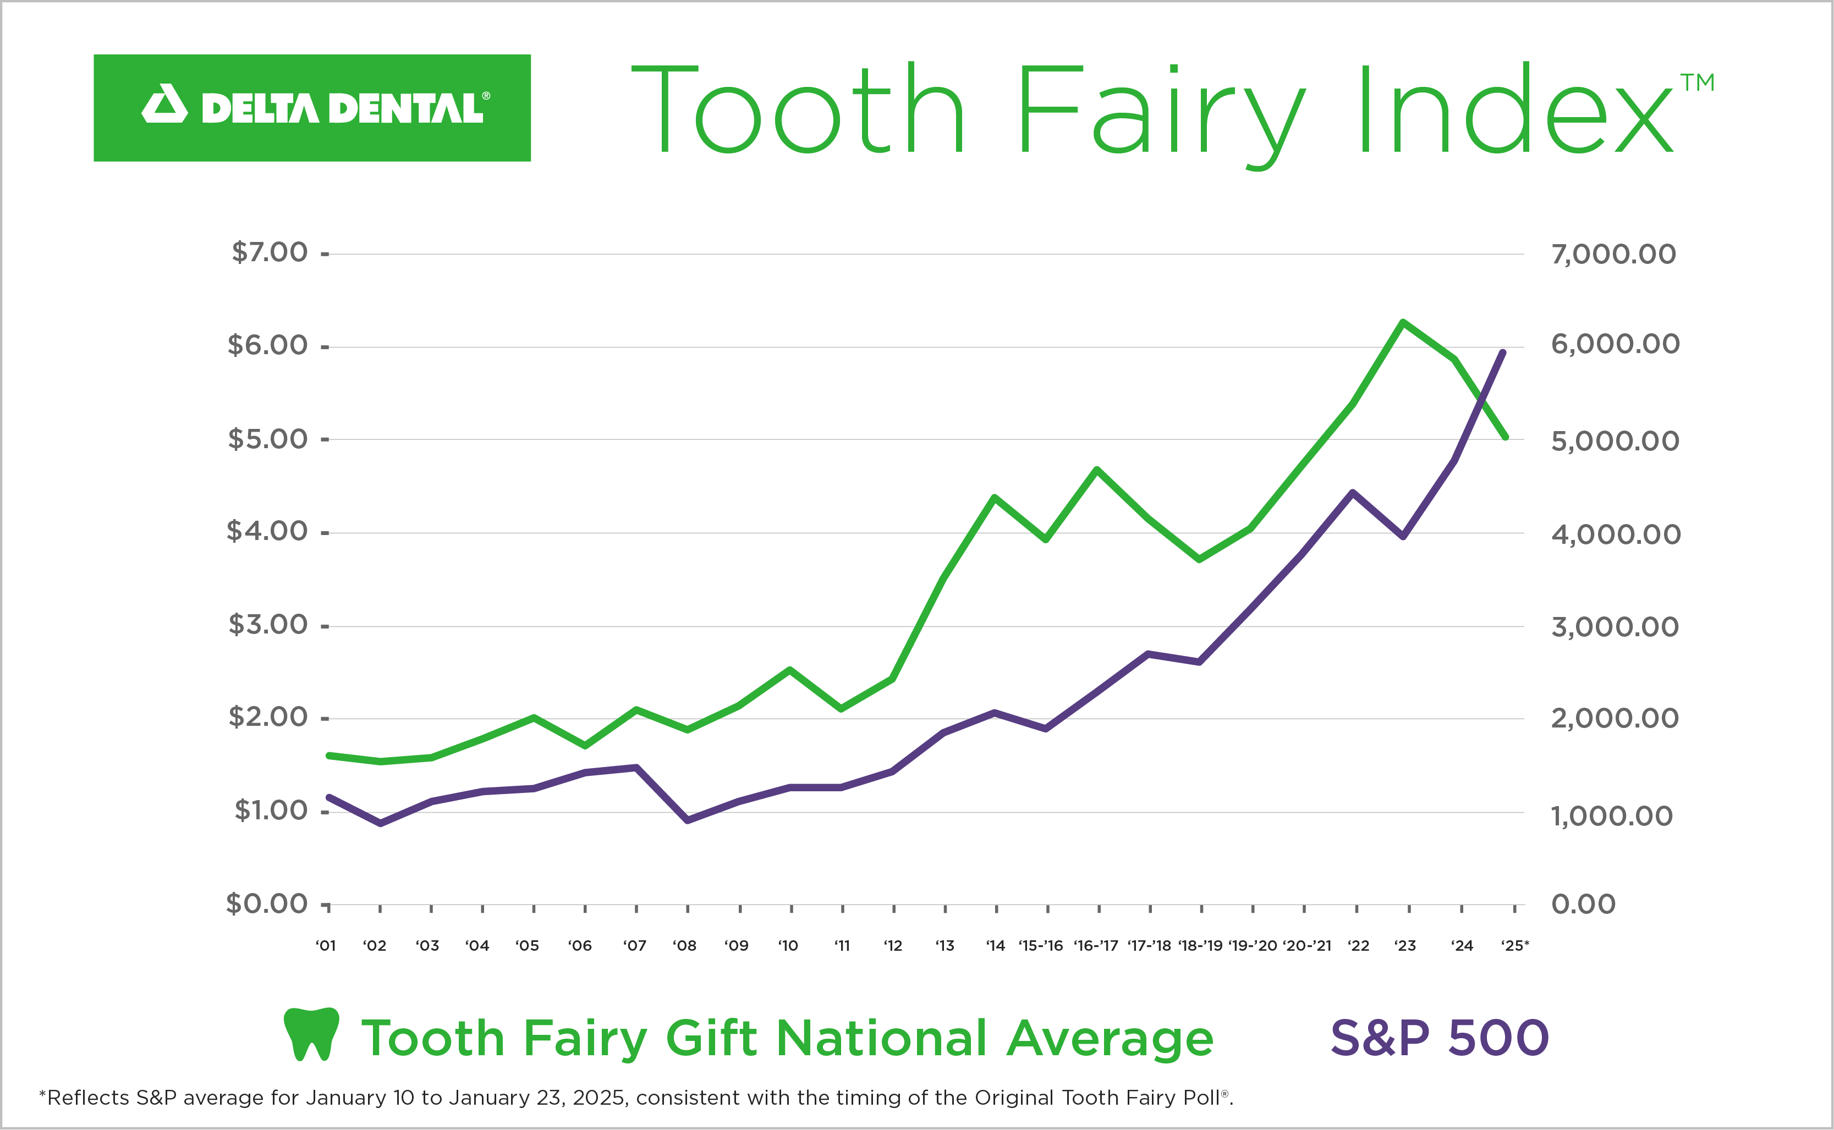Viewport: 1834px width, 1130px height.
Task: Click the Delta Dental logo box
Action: coord(312,108)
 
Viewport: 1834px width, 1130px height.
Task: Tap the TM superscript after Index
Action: coord(1697,82)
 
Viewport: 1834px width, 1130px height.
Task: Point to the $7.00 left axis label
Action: coord(269,252)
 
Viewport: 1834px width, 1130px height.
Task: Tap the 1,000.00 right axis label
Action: coord(1611,816)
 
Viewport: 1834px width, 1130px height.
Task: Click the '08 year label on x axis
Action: coord(684,945)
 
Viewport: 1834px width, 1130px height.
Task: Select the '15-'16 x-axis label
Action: coord(1041,945)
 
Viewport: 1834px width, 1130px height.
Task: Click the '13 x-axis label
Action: coord(945,945)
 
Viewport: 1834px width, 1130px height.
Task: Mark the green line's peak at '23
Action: coord(1403,322)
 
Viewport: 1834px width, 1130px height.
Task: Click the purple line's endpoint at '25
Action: coord(1503,352)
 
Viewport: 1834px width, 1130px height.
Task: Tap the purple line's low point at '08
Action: coord(687,820)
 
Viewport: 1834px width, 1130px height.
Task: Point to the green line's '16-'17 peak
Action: coord(1097,470)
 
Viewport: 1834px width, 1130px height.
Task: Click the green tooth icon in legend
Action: coord(312,1034)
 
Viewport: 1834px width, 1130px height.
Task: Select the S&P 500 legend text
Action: coord(1439,1038)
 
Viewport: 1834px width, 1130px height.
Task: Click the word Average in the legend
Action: coord(1110,1038)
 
